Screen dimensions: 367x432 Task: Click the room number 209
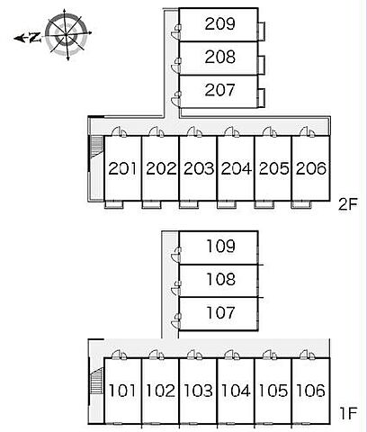219,23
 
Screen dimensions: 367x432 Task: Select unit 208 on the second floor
219,57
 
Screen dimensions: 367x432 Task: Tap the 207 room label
219,90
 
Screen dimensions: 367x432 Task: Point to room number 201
122,168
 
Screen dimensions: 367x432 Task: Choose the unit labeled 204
236,168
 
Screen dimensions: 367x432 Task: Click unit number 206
310,168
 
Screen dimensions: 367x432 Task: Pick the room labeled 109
220,246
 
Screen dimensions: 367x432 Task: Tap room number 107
220,312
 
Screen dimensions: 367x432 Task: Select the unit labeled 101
121,391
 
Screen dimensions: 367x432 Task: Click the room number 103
198,391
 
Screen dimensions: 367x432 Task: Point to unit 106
310,391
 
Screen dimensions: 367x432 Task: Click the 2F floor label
348,204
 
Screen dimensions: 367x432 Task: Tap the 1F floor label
349,413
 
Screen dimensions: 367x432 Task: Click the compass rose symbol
67,35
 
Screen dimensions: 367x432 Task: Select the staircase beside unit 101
96,381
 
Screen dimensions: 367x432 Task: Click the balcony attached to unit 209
262,31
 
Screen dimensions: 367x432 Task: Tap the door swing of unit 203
194,131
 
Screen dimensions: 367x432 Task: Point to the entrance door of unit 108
176,287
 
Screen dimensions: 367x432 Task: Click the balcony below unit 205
264,205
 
